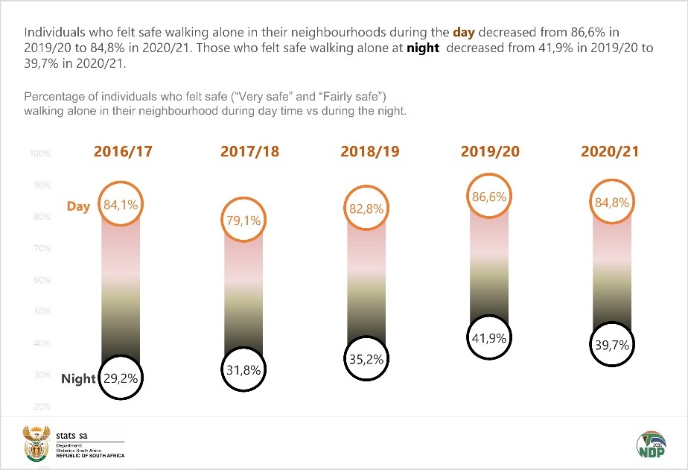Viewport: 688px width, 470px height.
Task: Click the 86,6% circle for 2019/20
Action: click(x=489, y=197)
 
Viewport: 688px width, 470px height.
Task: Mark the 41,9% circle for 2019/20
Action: click(x=489, y=337)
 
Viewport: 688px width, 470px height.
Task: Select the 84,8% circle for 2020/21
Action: click(x=611, y=202)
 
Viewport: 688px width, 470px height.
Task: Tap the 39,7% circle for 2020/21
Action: click(x=611, y=345)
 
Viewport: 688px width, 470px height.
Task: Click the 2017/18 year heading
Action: click(x=249, y=151)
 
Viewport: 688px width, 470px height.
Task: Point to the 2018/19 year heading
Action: click(x=370, y=151)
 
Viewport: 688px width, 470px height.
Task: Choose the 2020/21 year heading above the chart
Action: click(x=610, y=151)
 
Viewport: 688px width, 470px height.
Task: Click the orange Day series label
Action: click(x=78, y=206)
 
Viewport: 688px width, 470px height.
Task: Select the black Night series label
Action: click(x=78, y=378)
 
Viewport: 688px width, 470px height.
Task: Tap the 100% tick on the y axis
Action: click(x=40, y=154)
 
